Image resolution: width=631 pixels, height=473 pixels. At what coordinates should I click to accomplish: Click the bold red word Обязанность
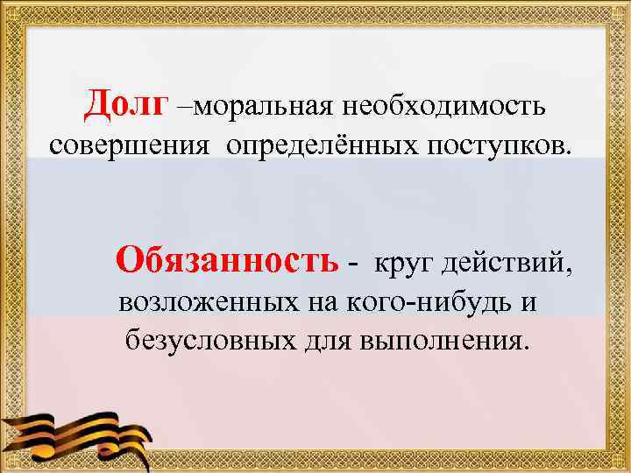coord(226,261)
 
